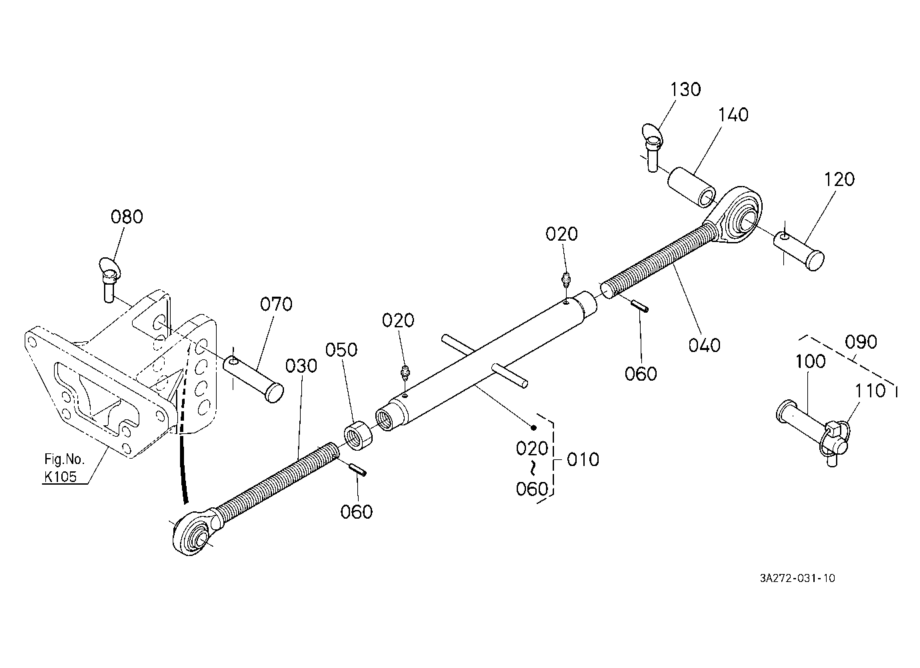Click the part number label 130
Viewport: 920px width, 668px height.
(x=685, y=89)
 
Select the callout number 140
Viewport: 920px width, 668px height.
(x=733, y=115)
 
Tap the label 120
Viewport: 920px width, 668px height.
(x=839, y=179)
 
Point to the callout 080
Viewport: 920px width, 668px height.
(x=127, y=217)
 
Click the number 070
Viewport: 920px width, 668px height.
(x=277, y=305)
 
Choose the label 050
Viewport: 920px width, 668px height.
(x=341, y=350)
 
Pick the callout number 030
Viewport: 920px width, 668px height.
(x=301, y=366)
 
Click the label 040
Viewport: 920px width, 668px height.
(x=705, y=345)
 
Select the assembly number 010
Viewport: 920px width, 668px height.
(x=583, y=460)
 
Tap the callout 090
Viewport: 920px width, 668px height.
(x=861, y=342)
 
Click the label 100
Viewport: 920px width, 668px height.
(x=811, y=361)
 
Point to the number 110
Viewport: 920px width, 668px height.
(x=870, y=391)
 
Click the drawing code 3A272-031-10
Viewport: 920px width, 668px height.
(x=797, y=579)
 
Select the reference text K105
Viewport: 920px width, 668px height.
(x=61, y=477)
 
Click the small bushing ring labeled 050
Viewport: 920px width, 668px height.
(x=358, y=435)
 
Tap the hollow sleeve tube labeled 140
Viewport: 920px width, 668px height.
(x=691, y=188)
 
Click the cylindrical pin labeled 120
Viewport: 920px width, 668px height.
(x=799, y=251)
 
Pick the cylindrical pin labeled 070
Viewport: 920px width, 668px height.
(x=253, y=379)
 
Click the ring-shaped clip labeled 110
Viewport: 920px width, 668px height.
(x=835, y=439)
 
